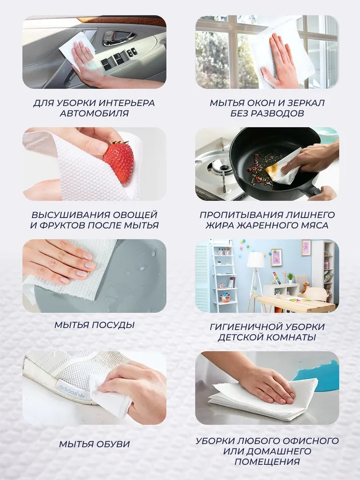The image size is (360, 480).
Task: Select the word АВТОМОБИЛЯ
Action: click(x=94, y=113)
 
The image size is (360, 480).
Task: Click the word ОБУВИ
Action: click(x=112, y=444)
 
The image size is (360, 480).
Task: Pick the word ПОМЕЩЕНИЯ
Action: click(x=267, y=461)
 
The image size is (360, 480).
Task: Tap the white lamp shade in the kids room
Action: click(x=256, y=260)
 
